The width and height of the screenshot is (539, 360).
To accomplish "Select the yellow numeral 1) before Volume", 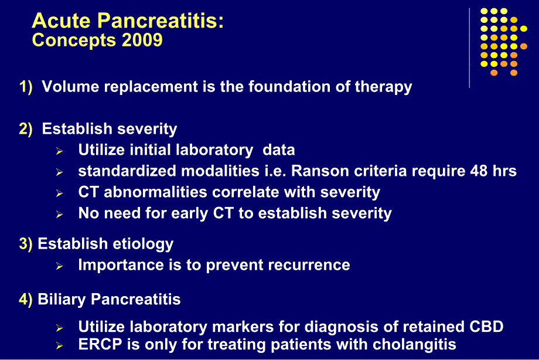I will coord(26,87).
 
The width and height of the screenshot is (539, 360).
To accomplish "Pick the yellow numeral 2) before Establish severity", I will coord(26,128).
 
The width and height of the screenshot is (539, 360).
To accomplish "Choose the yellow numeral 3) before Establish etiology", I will coord(26,244).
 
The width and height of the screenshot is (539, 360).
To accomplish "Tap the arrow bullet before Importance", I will coord(59,266).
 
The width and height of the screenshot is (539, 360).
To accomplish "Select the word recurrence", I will coord(309,265).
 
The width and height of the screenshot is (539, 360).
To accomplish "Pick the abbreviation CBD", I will coord(486,327).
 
